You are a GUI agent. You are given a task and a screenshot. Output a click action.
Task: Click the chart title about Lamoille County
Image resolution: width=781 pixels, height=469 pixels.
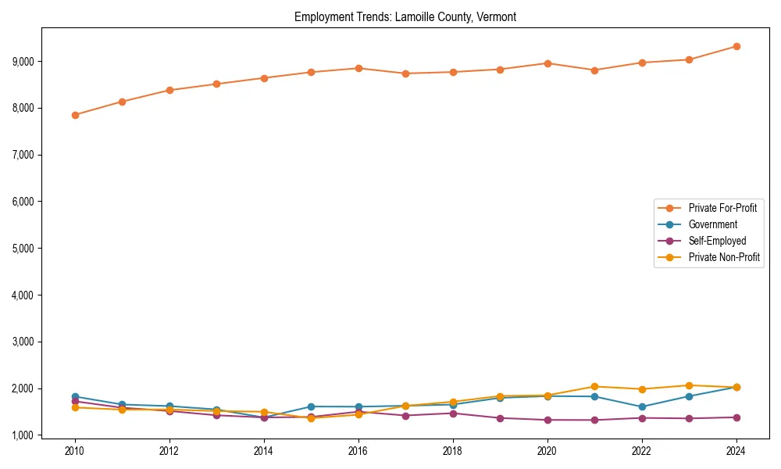(x=405, y=16)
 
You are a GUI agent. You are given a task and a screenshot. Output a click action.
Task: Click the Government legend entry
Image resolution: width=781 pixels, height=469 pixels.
(x=712, y=224)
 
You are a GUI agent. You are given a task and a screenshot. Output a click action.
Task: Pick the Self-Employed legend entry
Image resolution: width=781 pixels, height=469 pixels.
(x=717, y=241)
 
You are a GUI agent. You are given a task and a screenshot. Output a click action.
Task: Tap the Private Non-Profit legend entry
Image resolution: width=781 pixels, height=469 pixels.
(x=724, y=257)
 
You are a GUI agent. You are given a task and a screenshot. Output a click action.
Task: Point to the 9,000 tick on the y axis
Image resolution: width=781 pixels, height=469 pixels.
(x=23, y=61)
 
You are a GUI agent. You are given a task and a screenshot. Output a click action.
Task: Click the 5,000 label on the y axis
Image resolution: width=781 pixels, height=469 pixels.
(x=23, y=249)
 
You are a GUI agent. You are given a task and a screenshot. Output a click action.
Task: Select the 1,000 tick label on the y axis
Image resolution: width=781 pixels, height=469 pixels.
(x=23, y=435)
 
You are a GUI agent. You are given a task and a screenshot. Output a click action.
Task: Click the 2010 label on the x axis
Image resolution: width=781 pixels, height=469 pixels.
(x=75, y=451)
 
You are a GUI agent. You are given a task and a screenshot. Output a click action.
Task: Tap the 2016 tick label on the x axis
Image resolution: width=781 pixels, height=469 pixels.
(x=358, y=451)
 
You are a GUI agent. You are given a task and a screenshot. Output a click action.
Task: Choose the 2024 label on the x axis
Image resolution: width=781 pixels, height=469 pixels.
(x=736, y=451)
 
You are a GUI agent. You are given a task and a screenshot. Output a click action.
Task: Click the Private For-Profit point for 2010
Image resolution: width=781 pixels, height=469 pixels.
(x=75, y=115)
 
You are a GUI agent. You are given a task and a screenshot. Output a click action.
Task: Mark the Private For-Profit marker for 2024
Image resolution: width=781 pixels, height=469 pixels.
(x=736, y=46)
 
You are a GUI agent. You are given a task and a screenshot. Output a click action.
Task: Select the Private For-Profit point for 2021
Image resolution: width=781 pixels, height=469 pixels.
(x=594, y=70)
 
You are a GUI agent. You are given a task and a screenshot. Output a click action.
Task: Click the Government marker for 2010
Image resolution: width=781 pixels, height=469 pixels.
(x=75, y=396)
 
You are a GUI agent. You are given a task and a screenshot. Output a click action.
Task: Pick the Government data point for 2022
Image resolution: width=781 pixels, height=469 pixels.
(x=642, y=406)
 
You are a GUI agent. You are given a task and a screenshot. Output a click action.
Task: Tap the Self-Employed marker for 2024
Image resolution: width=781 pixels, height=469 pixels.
(x=736, y=417)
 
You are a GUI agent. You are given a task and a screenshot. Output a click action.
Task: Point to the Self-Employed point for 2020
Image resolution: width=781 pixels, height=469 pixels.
(x=547, y=420)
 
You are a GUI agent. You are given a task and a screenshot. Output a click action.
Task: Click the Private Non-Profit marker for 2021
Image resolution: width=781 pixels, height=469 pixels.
(x=594, y=386)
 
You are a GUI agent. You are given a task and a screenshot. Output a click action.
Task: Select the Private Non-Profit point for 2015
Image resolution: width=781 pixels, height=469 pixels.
(x=311, y=418)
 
